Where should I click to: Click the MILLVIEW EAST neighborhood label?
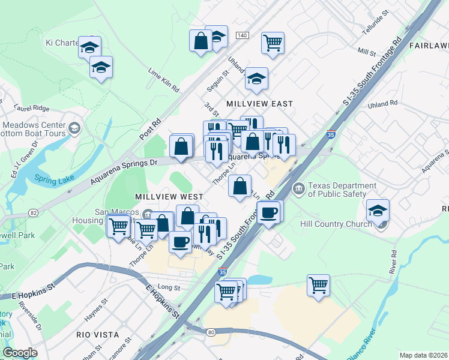click(259, 104)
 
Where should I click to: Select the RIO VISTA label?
click(97, 334)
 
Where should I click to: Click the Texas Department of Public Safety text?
click(337, 190)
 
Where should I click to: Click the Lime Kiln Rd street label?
click(164, 79)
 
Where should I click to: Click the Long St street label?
click(169, 287)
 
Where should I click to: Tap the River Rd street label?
click(394, 262)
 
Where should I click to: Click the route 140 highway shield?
click(242, 36)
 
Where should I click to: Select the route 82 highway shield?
click(33, 213)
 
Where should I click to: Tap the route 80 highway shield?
click(210, 331)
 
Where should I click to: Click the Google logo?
click(20, 353)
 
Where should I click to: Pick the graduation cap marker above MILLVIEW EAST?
click(256, 79)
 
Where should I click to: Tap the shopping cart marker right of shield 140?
click(273, 43)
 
